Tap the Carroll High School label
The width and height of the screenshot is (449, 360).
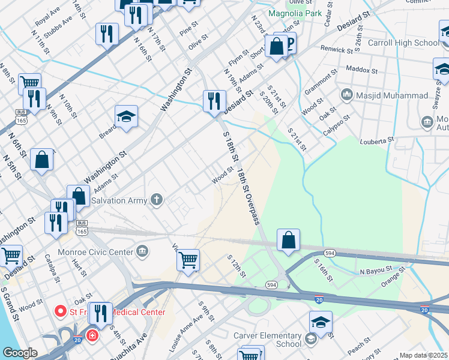(411, 43)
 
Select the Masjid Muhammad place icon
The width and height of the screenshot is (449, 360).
(346, 95)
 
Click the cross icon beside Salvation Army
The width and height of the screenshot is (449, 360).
(157, 199)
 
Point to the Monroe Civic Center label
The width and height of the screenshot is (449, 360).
(95, 252)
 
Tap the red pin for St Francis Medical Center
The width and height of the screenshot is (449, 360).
(60, 311)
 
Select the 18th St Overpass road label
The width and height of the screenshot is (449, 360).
(248, 197)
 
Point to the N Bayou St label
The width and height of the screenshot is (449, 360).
(376, 271)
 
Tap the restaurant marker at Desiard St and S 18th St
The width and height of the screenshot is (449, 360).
(214, 101)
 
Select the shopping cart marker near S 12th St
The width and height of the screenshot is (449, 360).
(188, 260)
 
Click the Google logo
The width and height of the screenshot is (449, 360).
(19, 353)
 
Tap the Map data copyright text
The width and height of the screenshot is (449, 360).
(424, 355)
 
